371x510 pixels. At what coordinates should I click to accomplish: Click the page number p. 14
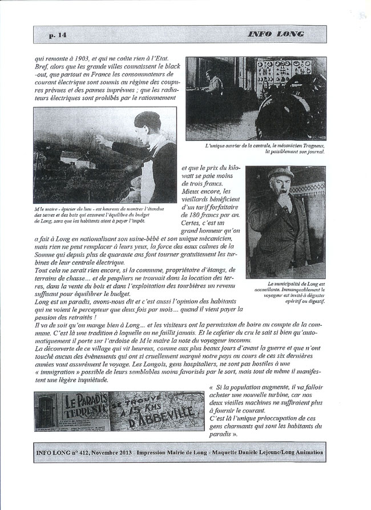[58, 35]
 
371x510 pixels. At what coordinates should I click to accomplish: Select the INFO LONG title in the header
[276, 34]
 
